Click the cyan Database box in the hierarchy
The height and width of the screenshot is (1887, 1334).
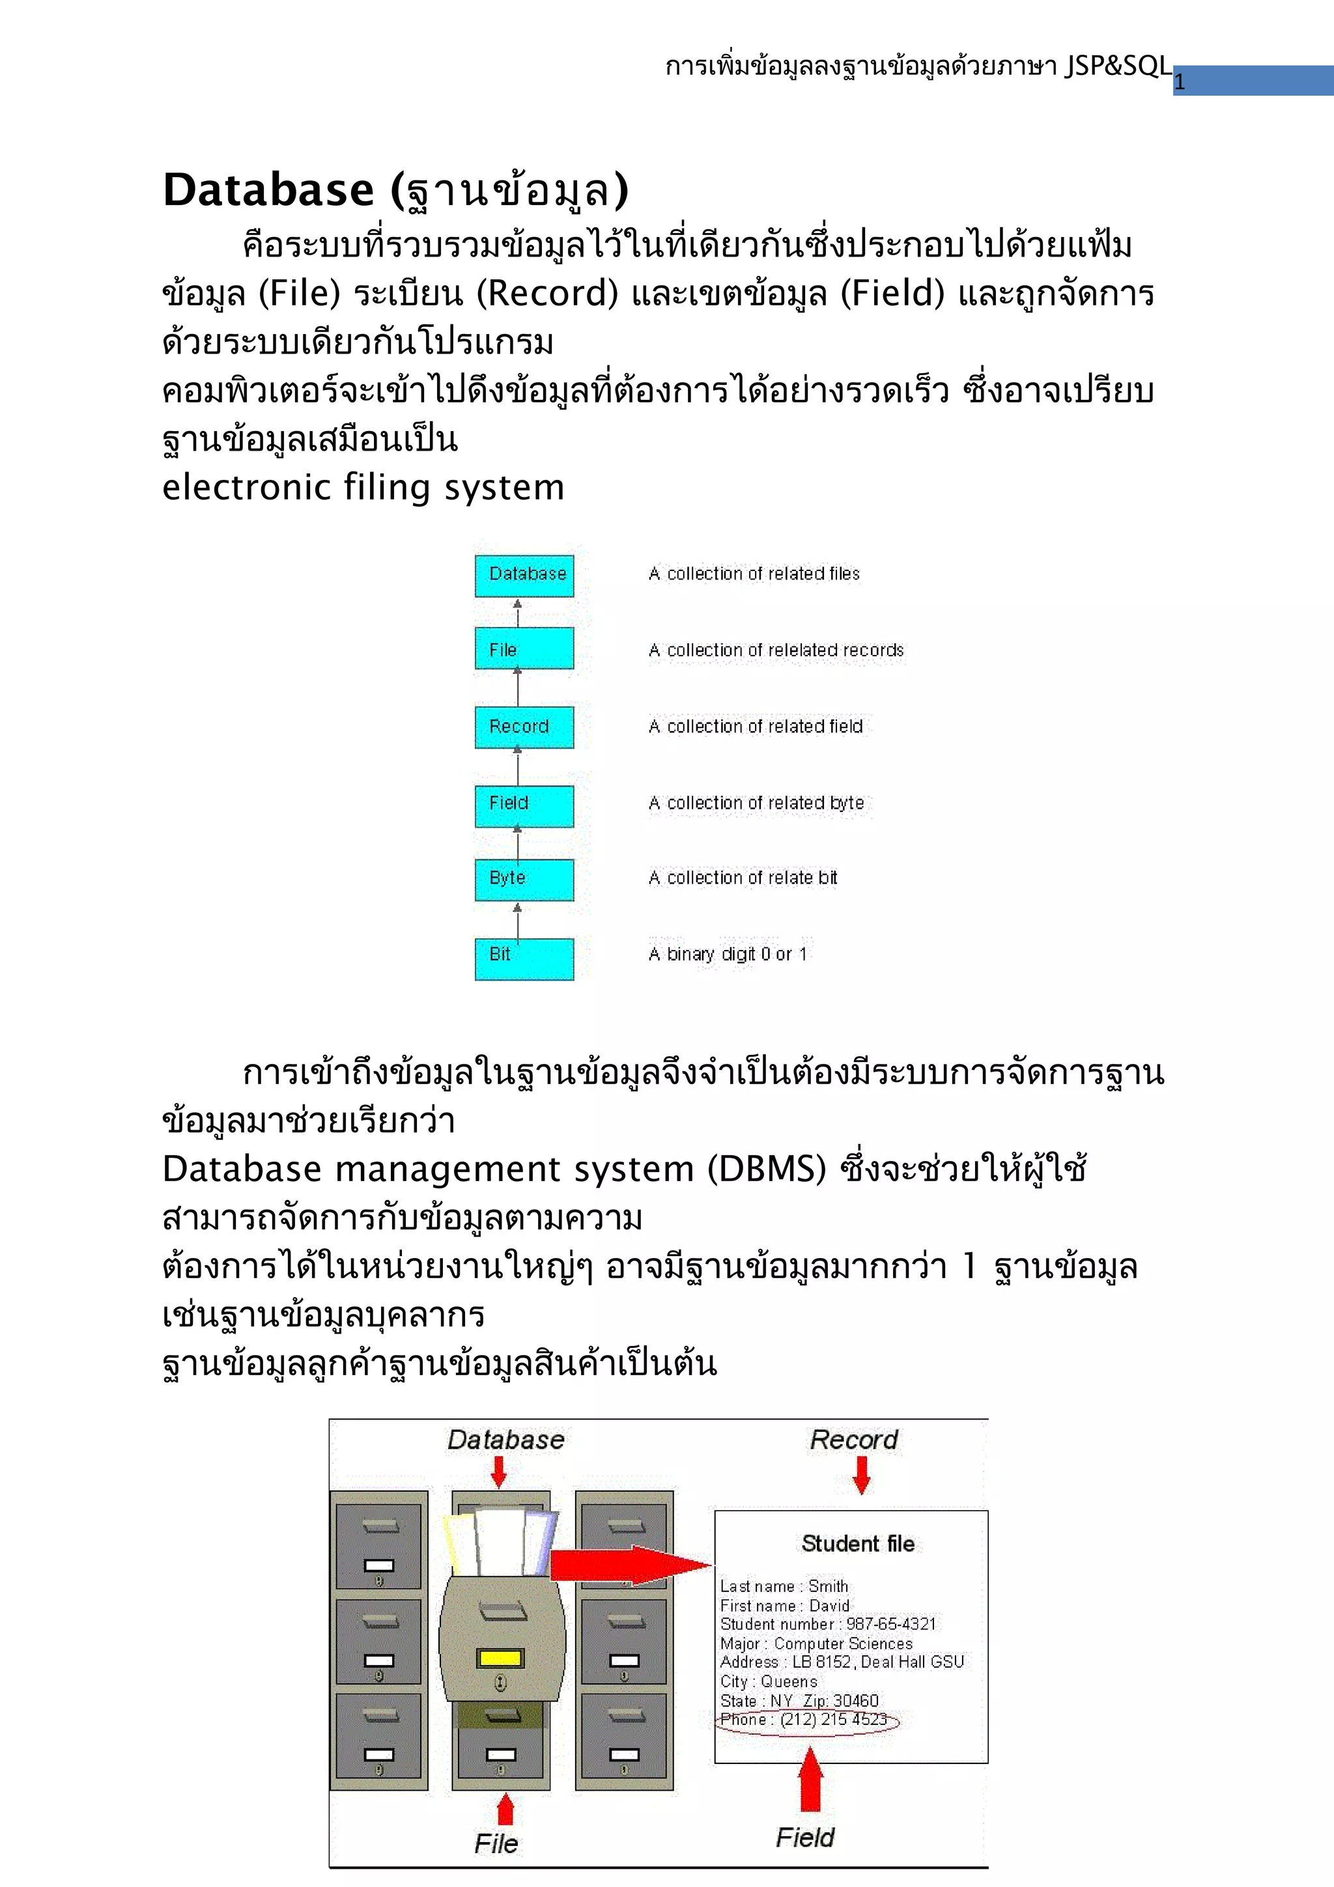(x=524, y=574)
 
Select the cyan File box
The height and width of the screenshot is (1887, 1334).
(x=524, y=649)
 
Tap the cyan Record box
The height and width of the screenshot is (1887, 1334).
(x=524, y=727)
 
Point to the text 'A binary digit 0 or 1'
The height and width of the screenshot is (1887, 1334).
(x=728, y=954)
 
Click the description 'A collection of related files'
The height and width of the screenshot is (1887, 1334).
(x=754, y=574)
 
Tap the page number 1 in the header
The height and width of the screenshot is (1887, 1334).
(x=1180, y=82)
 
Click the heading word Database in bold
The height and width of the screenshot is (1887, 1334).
(x=269, y=190)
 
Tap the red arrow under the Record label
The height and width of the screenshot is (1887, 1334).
(x=860, y=1474)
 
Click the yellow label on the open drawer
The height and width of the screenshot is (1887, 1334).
(x=500, y=1658)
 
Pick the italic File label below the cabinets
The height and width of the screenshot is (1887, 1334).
(x=496, y=1843)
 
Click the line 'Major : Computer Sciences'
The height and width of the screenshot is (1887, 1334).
(x=816, y=1643)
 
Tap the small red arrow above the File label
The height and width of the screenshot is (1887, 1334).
(x=505, y=1809)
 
